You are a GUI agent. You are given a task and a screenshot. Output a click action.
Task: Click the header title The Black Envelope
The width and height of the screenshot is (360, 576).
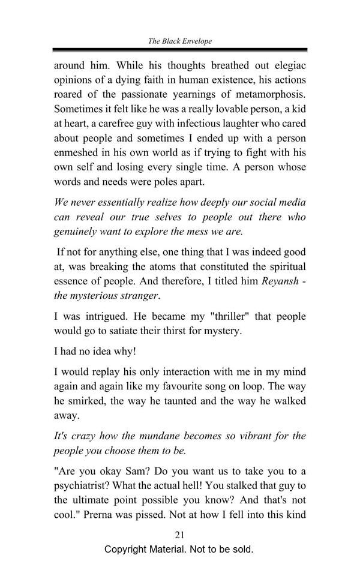tap(180, 41)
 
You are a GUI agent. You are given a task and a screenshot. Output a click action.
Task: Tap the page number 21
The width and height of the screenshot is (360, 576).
tap(179, 535)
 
